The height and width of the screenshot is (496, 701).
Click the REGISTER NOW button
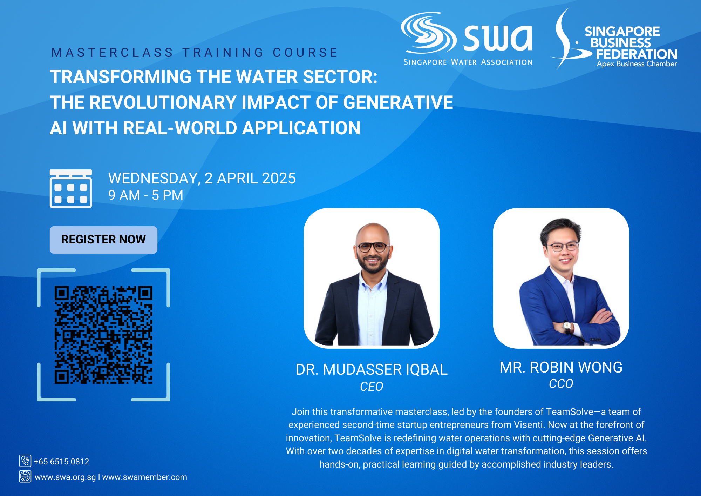tap(103, 240)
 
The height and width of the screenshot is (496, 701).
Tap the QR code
tap(103, 335)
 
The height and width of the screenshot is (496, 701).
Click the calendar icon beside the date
tap(71, 189)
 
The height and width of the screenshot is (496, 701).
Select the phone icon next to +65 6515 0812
tap(25, 461)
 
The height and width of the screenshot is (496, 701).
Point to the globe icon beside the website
tap(25, 476)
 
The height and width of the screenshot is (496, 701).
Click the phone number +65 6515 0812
tap(62, 462)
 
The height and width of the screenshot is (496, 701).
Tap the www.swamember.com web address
tap(145, 477)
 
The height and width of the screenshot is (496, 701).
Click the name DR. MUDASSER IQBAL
tap(372, 369)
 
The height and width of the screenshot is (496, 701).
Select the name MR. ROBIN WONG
tap(561, 367)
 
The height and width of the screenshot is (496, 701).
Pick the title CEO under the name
tap(372, 387)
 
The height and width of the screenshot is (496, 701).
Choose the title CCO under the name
tap(561, 384)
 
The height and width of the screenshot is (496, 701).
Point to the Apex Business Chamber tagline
tap(637, 64)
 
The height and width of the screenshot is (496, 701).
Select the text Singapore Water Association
tap(468, 62)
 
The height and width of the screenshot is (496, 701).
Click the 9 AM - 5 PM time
tap(146, 195)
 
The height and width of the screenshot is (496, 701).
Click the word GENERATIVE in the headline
tap(398, 102)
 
